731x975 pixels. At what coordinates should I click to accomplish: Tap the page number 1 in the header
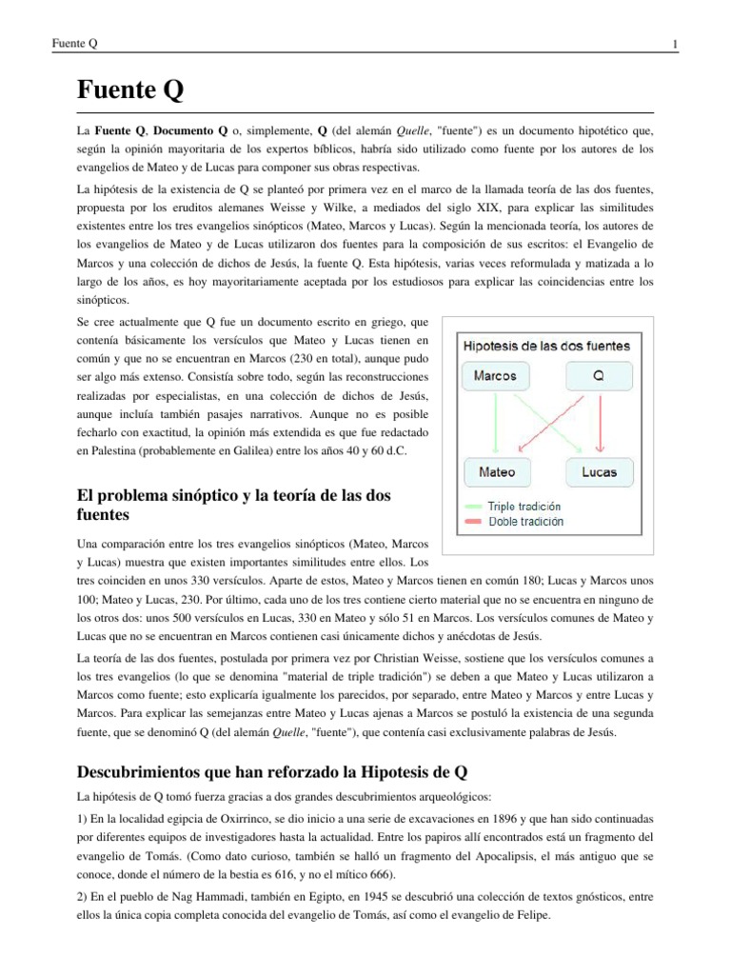point(674,45)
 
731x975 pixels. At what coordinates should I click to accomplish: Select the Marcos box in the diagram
point(495,375)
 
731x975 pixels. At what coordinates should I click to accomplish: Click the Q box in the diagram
point(599,375)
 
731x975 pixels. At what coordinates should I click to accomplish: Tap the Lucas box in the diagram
point(599,470)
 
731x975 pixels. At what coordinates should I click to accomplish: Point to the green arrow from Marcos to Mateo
point(495,424)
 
